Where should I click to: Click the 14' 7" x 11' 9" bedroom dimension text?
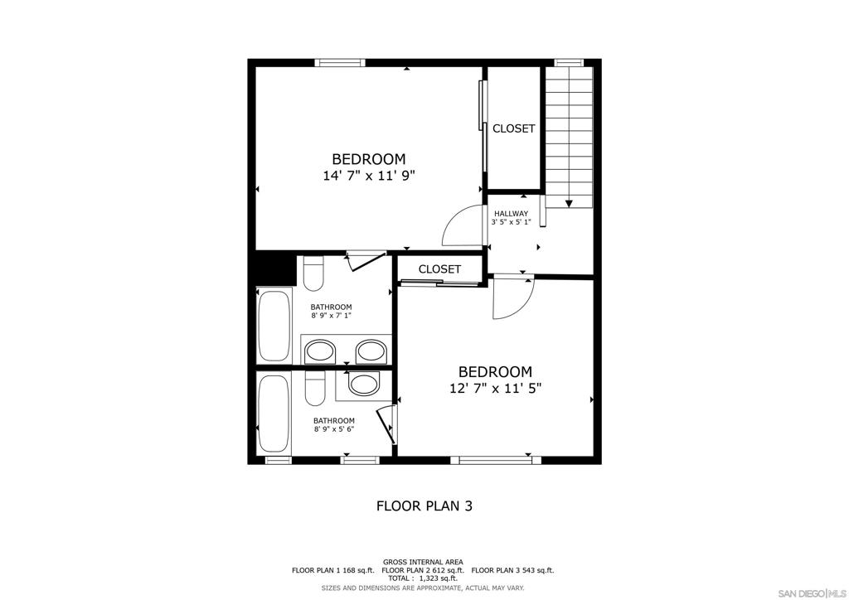(x=368, y=176)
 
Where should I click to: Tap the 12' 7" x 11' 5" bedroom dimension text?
(x=496, y=388)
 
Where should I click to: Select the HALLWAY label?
(x=511, y=214)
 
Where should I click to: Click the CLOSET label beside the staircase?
(x=513, y=128)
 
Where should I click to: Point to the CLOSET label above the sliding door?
(x=439, y=269)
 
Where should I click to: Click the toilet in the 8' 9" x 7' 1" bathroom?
(x=313, y=273)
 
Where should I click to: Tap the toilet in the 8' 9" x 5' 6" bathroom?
(x=314, y=388)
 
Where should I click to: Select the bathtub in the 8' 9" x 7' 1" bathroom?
(x=274, y=327)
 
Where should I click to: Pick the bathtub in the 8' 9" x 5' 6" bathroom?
(x=274, y=414)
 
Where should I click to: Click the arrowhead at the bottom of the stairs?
(x=569, y=204)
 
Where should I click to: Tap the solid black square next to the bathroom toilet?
(x=275, y=269)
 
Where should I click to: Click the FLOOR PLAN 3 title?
(x=424, y=506)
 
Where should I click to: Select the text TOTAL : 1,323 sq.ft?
(x=422, y=578)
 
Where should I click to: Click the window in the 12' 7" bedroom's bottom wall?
(x=496, y=460)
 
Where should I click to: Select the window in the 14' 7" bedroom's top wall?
(x=340, y=63)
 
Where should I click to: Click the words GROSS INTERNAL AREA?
(x=423, y=562)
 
